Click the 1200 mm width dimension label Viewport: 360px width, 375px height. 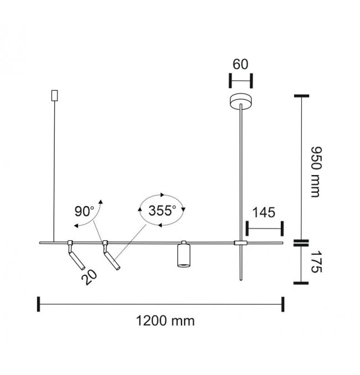click(x=165, y=321)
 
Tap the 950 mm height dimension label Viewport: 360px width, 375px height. click(x=316, y=172)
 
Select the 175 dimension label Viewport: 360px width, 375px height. click(x=316, y=261)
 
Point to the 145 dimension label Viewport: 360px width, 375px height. click(x=264, y=212)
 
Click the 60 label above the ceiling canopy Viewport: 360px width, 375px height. click(x=240, y=64)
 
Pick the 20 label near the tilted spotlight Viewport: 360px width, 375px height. click(x=89, y=277)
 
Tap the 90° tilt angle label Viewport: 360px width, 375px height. click(x=84, y=211)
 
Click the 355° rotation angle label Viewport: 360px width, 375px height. click(x=162, y=210)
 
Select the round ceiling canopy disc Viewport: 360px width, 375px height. click(x=241, y=101)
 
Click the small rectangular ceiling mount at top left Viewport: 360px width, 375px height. click(x=55, y=95)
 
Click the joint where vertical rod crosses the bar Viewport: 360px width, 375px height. click(x=240, y=243)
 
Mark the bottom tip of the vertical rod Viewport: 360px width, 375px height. click(x=241, y=280)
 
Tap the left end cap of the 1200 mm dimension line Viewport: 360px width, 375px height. click(x=39, y=304)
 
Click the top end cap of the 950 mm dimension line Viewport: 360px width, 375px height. click(x=301, y=96)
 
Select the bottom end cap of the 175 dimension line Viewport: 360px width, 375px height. click(x=301, y=283)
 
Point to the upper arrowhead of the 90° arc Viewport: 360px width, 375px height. click(x=101, y=202)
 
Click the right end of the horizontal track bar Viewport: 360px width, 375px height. click(x=282, y=243)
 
